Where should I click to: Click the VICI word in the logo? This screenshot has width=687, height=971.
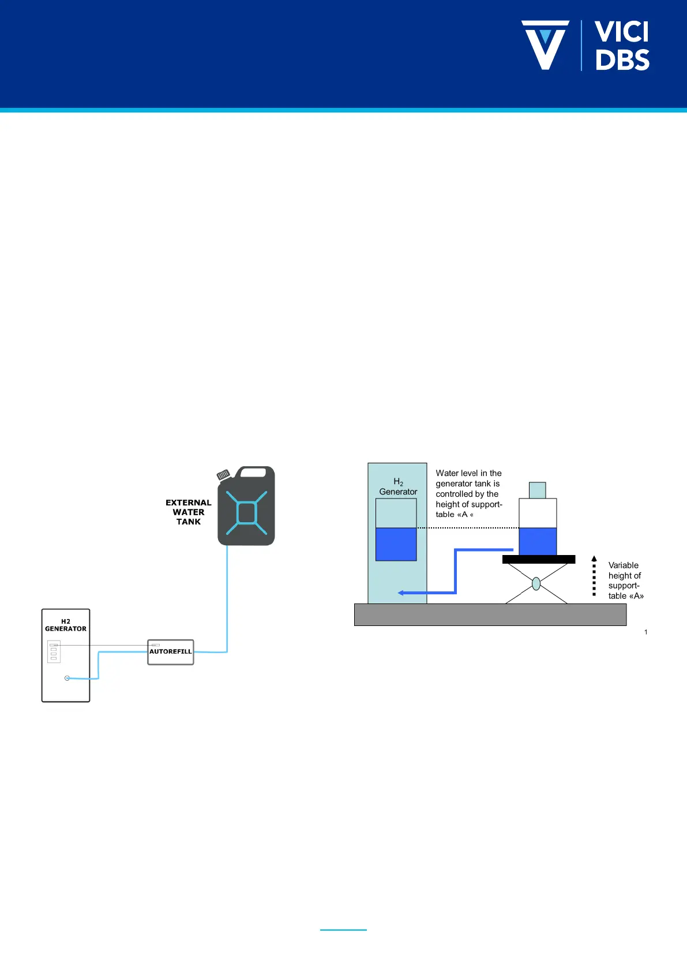click(x=621, y=32)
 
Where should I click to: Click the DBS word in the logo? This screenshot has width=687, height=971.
click(x=622, y=59)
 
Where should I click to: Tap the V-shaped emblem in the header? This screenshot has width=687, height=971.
click(x=545, y=45)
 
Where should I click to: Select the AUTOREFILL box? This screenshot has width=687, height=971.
click(x=171, y=652)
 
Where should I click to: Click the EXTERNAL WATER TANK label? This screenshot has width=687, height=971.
click(x=189, y=512)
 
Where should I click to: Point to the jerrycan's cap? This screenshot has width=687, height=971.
click(x=223, y=474)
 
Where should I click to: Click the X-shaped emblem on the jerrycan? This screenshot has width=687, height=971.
click(x=247, y=512)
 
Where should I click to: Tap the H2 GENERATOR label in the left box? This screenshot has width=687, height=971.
click(x=66, y=625)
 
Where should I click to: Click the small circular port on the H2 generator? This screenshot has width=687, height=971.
click(x=67, y=678)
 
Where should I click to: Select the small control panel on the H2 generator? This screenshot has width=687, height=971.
click(x=54, y=651)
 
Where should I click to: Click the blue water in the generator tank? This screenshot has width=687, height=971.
click(x=396, y=544)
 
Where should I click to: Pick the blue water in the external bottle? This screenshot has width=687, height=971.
click(x=538, y=541)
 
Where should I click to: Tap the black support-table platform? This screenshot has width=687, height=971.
click(x=538, y=559)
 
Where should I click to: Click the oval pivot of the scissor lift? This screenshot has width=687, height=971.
click(x=536, y=583)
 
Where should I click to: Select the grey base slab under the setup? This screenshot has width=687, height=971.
click(x=490, y=614)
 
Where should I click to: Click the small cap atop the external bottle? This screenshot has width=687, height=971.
click(x=537, y=490)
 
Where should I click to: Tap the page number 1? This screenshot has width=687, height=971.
click(x=645, y=632)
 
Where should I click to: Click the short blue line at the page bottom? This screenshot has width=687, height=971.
click(x=343, y=929)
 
